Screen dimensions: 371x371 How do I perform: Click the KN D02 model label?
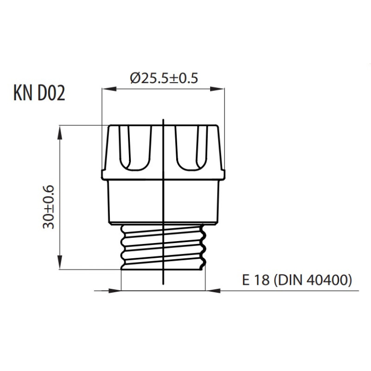[x=39, y=93]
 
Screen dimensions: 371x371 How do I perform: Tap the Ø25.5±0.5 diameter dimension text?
[x=164, y=78]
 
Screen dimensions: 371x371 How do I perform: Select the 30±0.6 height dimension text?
[x=49, y=207]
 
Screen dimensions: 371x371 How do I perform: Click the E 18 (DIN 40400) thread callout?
[x=297, y=280]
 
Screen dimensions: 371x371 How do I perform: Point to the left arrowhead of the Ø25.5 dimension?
[x=109, y=89]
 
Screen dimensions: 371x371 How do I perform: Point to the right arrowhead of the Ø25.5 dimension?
[x=217, y=89]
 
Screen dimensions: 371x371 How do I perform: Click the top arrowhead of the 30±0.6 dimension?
[x=60, y=133]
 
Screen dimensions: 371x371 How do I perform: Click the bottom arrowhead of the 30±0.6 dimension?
[x=60, y=262]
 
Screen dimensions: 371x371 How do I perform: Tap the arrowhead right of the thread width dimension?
[x=213, y=291]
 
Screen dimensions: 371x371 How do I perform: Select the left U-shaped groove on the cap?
[x=135, y=148]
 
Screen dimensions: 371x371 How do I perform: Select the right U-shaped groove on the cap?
[x=192, y=148]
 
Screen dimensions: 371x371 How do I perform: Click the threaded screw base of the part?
[x=163, y=247]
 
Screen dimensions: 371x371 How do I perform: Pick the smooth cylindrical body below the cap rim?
[x=164, y=202]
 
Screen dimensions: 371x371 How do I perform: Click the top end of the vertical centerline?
[x=163, y=120]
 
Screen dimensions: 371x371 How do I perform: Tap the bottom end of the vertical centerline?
[x=163, y=284]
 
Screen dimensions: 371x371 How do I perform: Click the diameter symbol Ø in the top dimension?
[x=135, y=78]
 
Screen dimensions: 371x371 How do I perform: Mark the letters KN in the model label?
[x=23, y=93]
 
